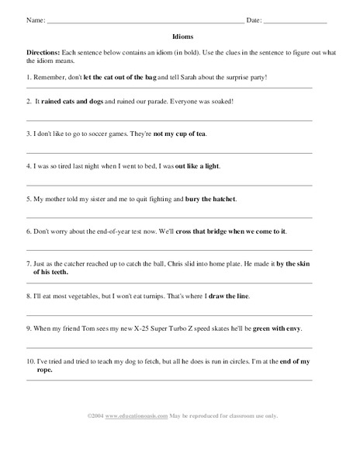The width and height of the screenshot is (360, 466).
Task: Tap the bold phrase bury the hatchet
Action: pyautogui.click(x=211, y=200)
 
